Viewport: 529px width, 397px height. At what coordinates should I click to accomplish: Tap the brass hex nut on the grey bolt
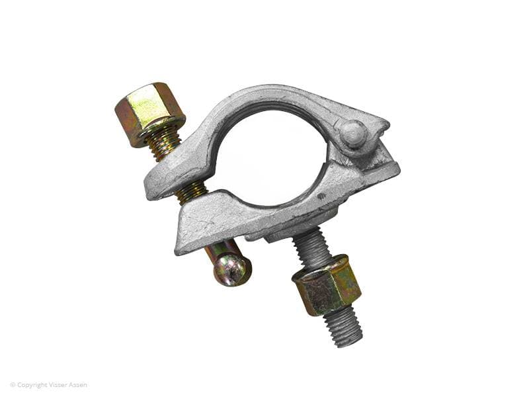(327, 285)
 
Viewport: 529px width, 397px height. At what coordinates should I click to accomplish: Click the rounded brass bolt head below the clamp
(233, 269)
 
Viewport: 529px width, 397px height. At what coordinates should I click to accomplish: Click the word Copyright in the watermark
(32, 385)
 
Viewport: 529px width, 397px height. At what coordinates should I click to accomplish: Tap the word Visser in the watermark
(58, 384)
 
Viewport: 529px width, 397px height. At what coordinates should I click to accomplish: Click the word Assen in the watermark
(78, 384)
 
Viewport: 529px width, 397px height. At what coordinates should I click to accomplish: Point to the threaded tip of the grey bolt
(343, 328)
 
